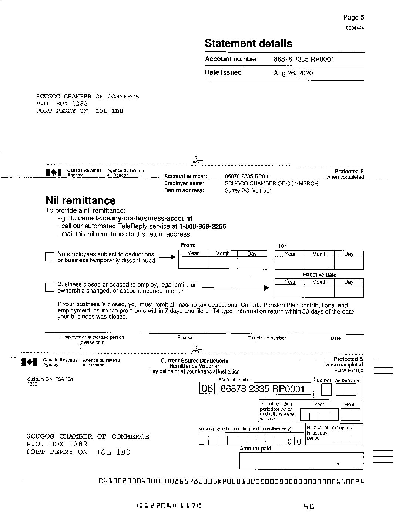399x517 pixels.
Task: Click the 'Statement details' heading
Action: [248, 44]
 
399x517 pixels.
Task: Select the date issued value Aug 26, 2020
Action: [293, 73]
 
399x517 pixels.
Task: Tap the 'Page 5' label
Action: [353, 17]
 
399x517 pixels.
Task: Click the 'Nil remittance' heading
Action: [80, 200]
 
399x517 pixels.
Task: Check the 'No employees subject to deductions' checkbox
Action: [50, 257]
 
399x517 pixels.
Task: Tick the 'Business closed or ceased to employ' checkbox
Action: [50, 287]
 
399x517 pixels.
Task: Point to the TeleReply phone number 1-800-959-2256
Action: [202, 226]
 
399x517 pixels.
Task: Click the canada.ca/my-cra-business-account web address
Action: [135, 218]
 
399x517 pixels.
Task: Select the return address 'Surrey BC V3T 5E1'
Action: [248, 191]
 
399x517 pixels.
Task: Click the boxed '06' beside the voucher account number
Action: [207, 388]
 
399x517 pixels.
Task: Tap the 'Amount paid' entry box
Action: [301, 461]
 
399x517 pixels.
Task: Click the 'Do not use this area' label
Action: [338, 381]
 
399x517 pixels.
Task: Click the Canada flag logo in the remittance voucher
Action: [30, 362]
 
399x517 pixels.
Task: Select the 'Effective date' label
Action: [319, 274]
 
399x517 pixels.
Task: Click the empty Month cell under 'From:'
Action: [222, 263]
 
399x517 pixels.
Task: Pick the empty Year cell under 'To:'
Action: [290, 263]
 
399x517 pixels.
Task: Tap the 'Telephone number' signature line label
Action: [266, 338]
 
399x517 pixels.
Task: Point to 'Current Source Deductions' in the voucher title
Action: [194, 361]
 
